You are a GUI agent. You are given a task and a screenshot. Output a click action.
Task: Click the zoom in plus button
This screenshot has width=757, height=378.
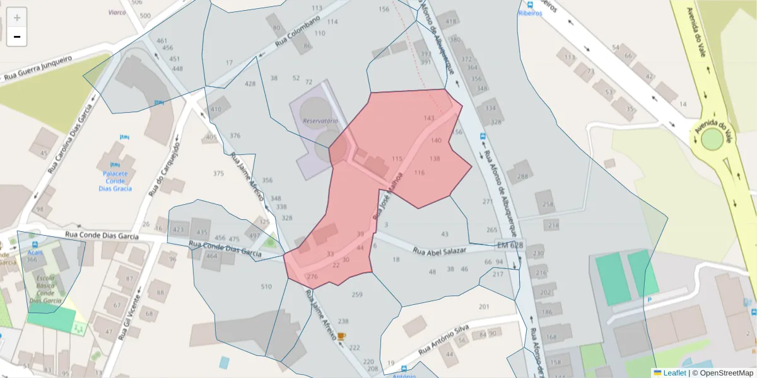tap(17, 17)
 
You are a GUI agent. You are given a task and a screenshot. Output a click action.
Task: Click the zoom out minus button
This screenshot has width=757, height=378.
tap(17, 37)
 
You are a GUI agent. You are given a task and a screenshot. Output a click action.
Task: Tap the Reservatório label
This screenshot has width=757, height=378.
tap(320, 120)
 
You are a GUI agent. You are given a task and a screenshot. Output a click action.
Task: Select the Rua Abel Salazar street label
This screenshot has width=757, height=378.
tap(439, 250)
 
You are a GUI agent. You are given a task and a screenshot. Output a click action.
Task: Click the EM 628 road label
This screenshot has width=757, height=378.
tap(510, 244)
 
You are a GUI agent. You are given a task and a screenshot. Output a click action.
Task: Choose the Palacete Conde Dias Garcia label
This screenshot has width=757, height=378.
tap(115, 181)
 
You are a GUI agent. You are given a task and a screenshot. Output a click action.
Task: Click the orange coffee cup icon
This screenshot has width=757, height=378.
tap(341, 336)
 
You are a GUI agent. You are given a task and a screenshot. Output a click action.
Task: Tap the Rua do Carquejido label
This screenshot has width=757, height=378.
tap(165, 169)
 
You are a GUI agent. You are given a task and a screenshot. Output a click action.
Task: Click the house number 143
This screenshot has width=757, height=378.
tap(429, 118)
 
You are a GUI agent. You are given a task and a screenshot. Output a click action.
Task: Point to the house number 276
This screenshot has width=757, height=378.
tap(312, 277)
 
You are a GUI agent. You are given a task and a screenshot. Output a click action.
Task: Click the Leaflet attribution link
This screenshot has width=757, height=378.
tap(674, 373)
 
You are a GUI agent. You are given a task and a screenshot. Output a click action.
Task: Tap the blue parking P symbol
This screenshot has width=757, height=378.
tap(649, 301)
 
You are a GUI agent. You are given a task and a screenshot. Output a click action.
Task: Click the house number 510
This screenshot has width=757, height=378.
tap(266, 287)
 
